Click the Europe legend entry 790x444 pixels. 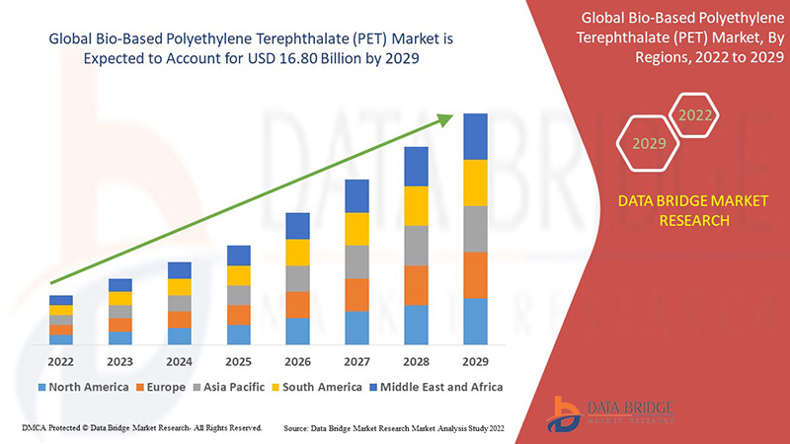point(160,387)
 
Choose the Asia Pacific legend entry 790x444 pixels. point(228,387)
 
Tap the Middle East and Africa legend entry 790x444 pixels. point(434,387)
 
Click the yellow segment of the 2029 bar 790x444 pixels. point(475,183)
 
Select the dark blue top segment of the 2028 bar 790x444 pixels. point(416,166)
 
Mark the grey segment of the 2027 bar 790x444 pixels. point(356,261)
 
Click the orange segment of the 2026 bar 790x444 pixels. point(297,304)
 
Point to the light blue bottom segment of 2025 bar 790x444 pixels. point(238,334)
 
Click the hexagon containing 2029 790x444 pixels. point(649,144)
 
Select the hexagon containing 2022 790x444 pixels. point(695,115)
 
